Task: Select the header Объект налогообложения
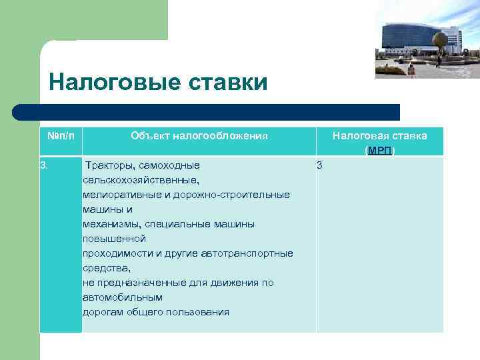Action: pyautogui.click(x=199, y=136)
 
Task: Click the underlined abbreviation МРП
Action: pyautogui.click(x=380, y=151)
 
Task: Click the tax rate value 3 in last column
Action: pyautogui.click(x=319, y=165)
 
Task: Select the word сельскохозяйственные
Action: pyautogui.click(x=140, y=180)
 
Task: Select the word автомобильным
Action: pyautogui.click(x=122, y=297)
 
